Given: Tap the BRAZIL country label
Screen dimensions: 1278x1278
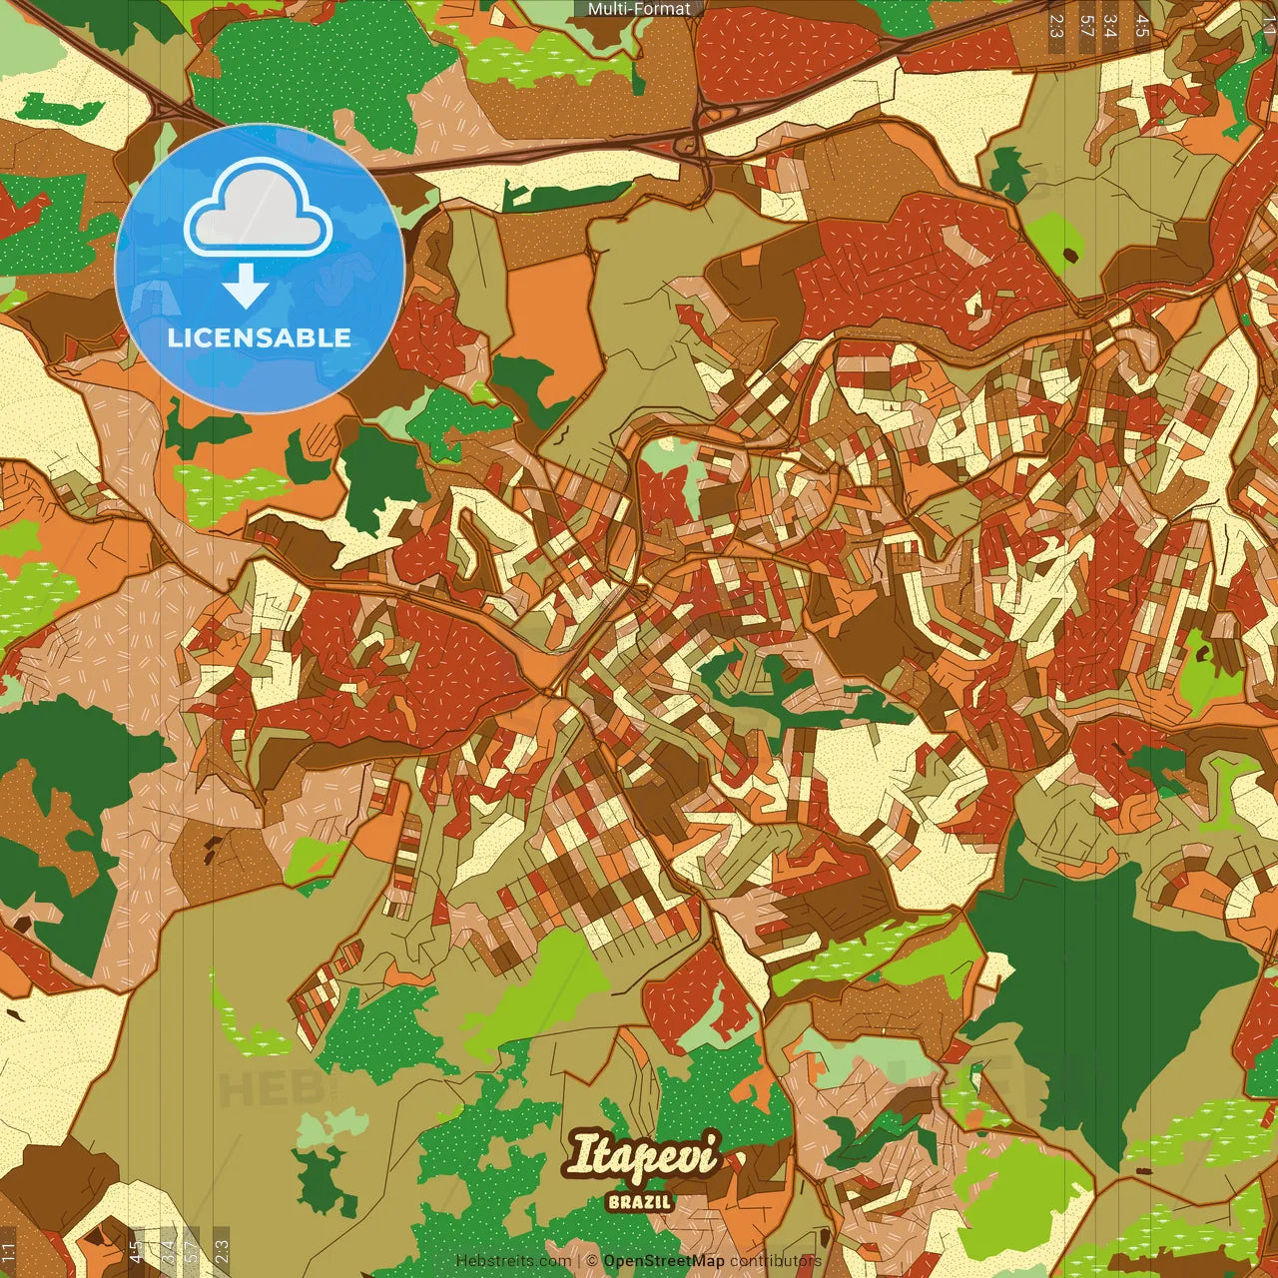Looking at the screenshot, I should pos(640,1202).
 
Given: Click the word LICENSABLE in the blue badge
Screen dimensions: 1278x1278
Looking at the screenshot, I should pos(260,337).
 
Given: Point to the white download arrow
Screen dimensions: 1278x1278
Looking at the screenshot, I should pos(246,288).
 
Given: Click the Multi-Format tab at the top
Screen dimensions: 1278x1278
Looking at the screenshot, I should pos(639,9).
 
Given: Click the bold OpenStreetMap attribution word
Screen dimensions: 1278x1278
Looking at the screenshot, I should pos(664,1261).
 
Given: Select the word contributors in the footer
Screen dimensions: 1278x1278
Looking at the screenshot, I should pos(776,1261).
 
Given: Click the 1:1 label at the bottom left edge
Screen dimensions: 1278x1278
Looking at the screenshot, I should pos(9,1252).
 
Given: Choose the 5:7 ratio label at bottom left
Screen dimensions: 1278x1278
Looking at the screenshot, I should pos(192,1252).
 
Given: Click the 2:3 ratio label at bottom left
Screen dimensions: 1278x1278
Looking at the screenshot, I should pos(222,1252).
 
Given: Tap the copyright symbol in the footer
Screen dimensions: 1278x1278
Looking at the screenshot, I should pos(592,1261).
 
